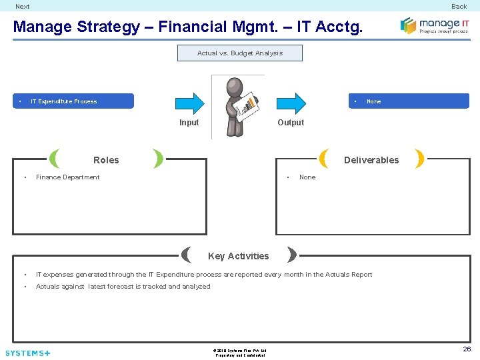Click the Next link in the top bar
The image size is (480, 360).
point(23,7)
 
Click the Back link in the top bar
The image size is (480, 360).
point(459,7)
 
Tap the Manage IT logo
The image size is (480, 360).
point(434,25)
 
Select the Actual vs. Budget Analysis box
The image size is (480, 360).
point(239,53)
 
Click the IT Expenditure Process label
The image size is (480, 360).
point(64,101)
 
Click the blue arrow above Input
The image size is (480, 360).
point(189,102)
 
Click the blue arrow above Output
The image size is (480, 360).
point(291,102)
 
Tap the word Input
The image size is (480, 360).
point(189,123)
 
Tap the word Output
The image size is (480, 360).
point(291,123)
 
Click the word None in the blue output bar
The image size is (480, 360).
point(374,101)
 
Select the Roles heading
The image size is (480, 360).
point(106,160)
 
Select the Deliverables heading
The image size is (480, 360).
point(371,160)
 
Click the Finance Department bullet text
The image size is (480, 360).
point(67,177)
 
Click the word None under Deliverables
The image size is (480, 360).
point(307,177)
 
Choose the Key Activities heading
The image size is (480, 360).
point(239,256)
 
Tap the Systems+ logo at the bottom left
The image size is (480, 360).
point(27,353)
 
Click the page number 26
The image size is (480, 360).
point(467,349)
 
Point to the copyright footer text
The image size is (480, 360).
point(240,353)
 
